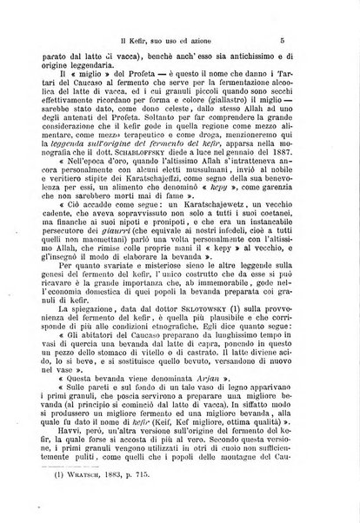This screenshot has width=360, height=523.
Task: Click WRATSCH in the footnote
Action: click(x=90, y=509)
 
